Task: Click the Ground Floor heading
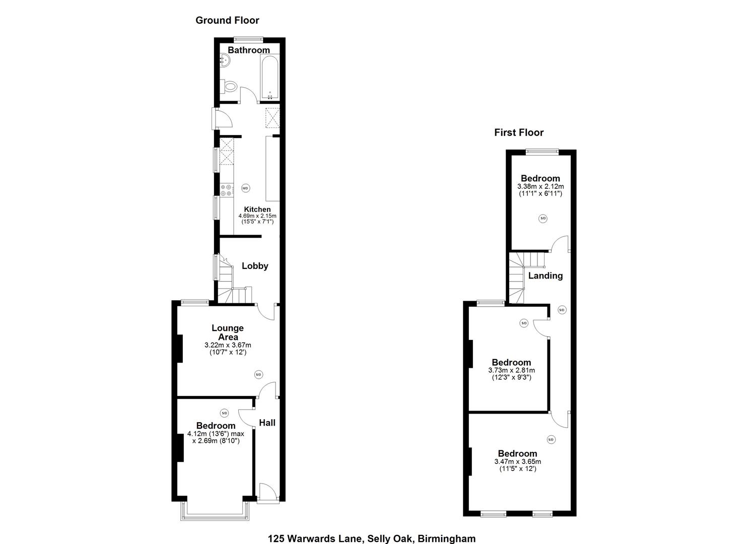[x=227, y=20]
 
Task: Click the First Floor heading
[x=519, y=132]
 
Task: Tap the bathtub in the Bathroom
[x=269, y=79]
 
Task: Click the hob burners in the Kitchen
[x=226, y=190]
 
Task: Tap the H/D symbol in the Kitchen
[x=245, y=188]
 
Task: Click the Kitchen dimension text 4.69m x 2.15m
[x=257, y=216]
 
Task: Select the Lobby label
[x=255, y=266]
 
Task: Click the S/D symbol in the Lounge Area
[x=258, y=374]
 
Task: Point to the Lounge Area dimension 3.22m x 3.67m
[x=228, y=345]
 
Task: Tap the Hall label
[x=267, y=423]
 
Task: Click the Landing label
[x=546, y=276]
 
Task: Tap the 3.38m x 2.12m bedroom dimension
[x=540, y=186]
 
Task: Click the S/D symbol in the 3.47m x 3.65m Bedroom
[x=551, y=439]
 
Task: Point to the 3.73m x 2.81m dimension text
[x=511, y=370]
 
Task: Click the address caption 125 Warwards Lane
[x=372, y=538]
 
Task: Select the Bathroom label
[x=249, y=50]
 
